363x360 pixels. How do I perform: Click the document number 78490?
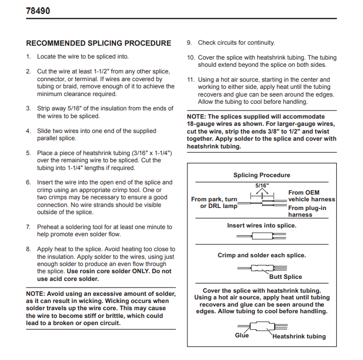38,10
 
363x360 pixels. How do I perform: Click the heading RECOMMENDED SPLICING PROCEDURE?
99,44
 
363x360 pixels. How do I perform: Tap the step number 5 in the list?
29,153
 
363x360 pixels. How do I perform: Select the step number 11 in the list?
190,80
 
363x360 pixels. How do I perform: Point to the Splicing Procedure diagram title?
261,175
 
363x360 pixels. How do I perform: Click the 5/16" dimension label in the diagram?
262,185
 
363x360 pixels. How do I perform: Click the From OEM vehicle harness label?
311,196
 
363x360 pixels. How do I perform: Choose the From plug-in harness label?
307,212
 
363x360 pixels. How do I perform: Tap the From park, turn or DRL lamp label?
214,202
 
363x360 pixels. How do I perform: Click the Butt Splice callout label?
285,277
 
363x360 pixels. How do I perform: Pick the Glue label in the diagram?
241,335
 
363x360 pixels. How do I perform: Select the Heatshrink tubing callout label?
299,336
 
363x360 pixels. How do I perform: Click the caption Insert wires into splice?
261,225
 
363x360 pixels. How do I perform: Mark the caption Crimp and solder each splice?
261,255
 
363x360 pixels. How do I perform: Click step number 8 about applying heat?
29,249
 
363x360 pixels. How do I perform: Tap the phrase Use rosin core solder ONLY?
108,271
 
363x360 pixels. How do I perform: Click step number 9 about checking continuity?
189,43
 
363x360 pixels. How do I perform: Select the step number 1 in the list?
29,57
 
